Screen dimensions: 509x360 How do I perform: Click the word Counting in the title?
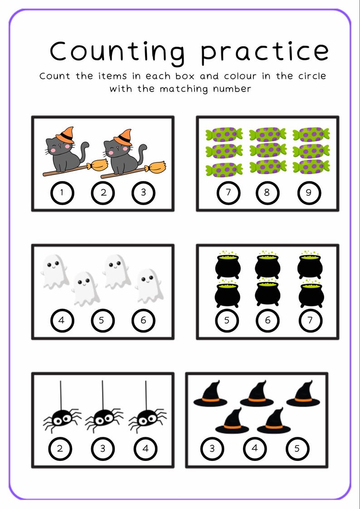point(117,51)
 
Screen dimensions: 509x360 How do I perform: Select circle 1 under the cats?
point(62,192)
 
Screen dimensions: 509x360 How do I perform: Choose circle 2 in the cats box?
point(103,192)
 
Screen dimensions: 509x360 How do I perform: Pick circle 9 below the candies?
point(309,192)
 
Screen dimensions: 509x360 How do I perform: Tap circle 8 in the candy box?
point(267,192)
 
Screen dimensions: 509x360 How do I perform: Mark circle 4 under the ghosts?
point(62,320)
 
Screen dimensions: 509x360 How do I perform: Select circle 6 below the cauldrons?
point(268,320)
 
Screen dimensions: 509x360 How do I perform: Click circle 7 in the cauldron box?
point(310,320)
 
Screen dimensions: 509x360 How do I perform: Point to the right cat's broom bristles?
point(156,168)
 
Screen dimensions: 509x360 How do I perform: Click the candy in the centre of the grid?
point(268,150)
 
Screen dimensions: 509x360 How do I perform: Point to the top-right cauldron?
point(311,265)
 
